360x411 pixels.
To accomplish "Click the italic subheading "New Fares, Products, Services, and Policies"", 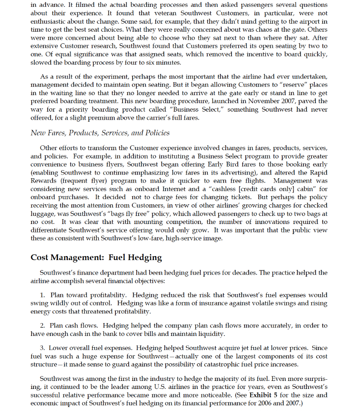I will coord(100,133).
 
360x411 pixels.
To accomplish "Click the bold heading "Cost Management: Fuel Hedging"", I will coord(96,257).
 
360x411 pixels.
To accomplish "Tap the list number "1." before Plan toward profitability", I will coord(43,295).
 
